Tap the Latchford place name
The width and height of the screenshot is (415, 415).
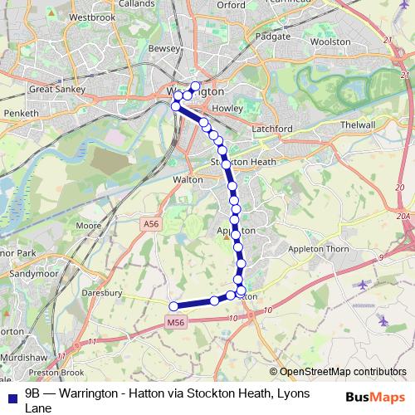[270, 129]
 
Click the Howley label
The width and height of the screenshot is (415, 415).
[227, 109]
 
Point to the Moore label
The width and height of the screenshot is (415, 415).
[88, 226]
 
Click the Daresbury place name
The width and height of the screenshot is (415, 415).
[104, 293]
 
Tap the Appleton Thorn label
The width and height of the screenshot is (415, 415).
[319, 248]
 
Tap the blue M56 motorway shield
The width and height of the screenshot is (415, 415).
[174, 323]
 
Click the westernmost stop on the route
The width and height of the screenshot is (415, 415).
[173, 306]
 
